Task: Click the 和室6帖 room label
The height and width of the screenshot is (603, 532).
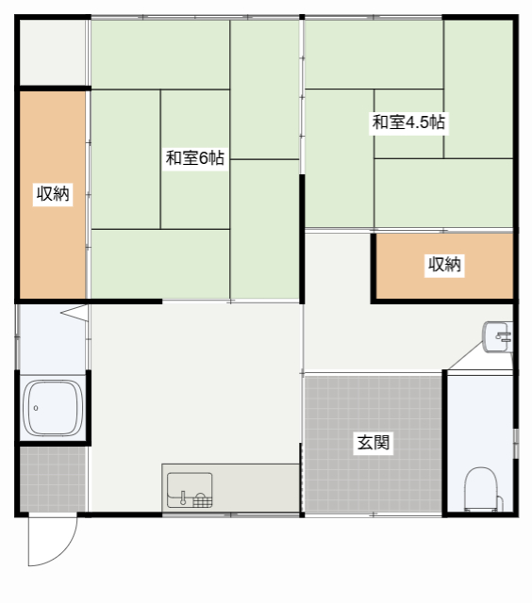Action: click(x=195, y=158)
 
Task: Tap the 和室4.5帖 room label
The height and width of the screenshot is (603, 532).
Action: click(x=408, y=122)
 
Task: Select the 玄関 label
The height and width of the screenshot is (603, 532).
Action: click(x=374, y=442)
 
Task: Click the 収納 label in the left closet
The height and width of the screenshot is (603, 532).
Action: click(x=53, y=195)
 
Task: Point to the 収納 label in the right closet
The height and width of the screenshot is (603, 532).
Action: click(x=444, y=265)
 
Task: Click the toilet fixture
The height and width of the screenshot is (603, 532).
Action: click(x=481, y=488)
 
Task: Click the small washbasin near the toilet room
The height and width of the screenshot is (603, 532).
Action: click(x=497, y=336)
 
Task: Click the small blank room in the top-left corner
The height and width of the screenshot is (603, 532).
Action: click(x=53, y=53)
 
